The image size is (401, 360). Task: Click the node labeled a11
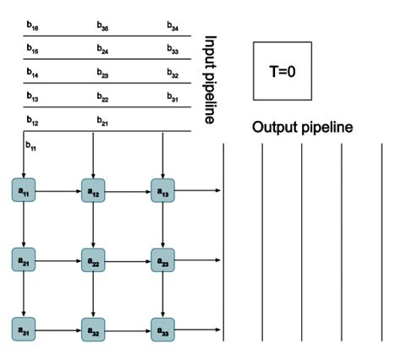coord(24,189)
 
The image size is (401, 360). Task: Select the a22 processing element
coord(93,259)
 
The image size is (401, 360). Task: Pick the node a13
coord(162,189)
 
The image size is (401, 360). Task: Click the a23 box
coord(162,259)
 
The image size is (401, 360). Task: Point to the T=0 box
coord(283,71)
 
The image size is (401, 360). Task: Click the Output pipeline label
coord(302,128)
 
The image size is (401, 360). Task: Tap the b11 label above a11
coord(30,147)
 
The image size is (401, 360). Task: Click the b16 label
coord(32,29)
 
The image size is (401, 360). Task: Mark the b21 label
coord(102,122)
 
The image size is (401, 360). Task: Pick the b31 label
coord(173,98)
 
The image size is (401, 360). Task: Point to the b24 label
coord(102,52)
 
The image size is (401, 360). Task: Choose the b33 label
coord(173,52)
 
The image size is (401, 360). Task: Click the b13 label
coord(32,98)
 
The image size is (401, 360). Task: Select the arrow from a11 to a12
coord(58,190)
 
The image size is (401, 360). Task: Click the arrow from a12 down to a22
coord(93,225)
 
